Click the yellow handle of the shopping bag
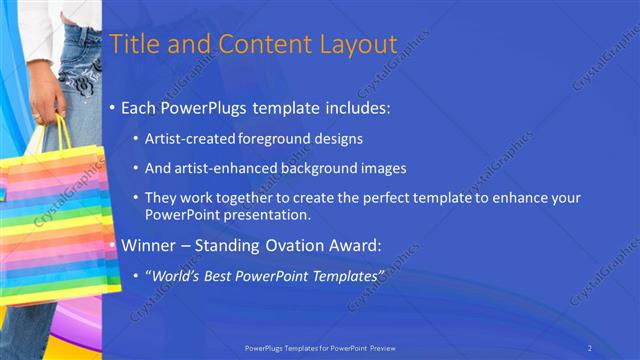pos(63,132)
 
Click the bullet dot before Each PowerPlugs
pos(112,105)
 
